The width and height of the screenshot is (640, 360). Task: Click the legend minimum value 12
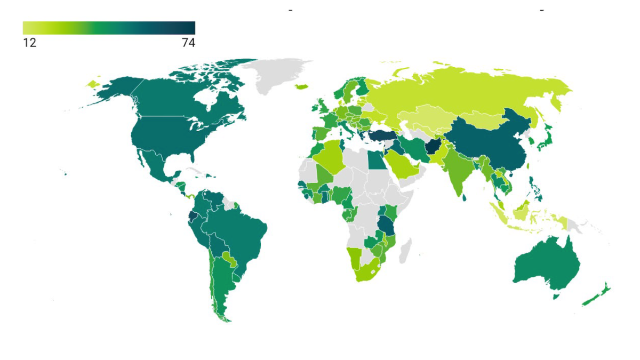(29, 43)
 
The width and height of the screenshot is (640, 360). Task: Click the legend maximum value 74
(188, 43)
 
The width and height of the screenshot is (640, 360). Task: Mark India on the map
(456, 171)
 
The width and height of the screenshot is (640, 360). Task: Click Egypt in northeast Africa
(377, 159)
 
